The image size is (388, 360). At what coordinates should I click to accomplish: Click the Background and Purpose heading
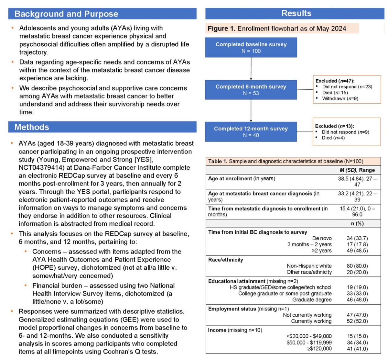[66, 14]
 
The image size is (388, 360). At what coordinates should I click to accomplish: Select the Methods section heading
[32, 127]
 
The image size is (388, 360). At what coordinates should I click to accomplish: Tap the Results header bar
[296, 13]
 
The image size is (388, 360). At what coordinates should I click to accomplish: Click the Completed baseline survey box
[251, 48]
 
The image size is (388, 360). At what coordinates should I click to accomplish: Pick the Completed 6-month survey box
[251, 90]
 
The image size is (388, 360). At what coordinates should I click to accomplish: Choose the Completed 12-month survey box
[251, 132]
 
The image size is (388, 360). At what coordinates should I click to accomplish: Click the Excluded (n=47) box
[347, 90]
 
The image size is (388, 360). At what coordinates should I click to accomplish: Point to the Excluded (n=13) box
[347, 132]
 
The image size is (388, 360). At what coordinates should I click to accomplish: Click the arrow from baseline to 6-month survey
[251, 69]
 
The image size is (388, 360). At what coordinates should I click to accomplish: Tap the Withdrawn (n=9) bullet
[340, 98]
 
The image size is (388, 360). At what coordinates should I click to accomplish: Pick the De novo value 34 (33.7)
[357, 238]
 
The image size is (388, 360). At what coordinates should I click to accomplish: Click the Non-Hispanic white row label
[309, 266]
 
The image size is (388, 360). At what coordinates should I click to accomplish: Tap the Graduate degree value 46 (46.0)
[357, 300]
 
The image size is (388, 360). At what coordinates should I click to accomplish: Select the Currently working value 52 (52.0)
[357, 321]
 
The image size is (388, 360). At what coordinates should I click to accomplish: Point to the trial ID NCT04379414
[39, 168]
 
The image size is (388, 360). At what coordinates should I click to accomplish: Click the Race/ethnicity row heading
[226, 260]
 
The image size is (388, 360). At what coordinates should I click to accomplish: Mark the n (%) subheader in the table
[357, 223]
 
